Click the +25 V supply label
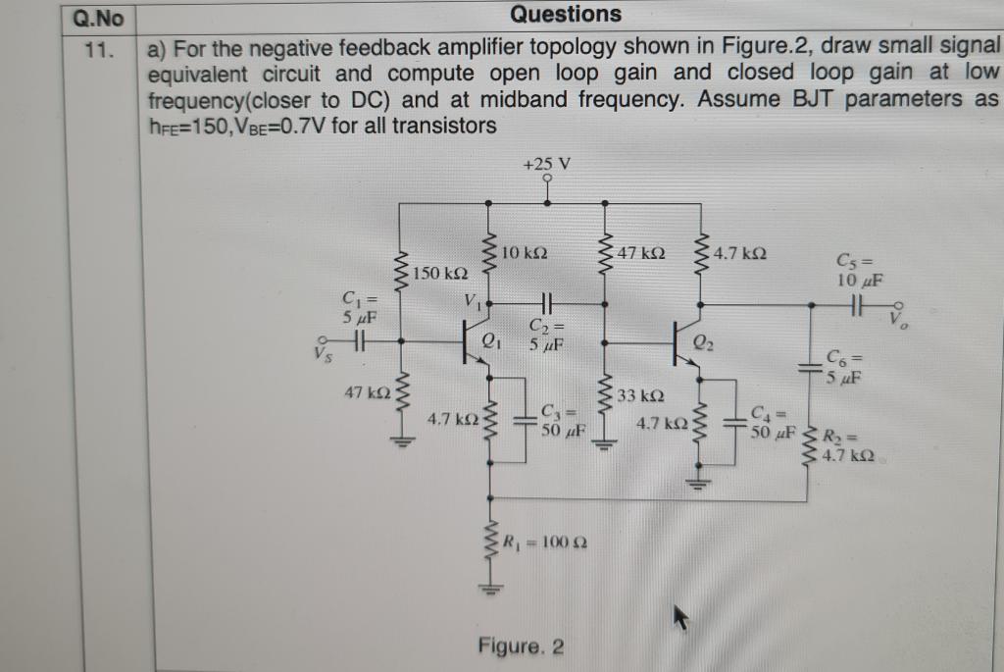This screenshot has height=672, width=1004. pos(546,163)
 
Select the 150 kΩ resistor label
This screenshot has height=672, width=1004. pos(440,271)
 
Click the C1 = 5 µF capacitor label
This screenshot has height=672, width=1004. pos(358,308)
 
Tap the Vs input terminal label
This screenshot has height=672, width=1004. pos(321,351)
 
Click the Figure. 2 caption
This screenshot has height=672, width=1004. pos(521,646)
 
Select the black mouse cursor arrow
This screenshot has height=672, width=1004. pos(680,616)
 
